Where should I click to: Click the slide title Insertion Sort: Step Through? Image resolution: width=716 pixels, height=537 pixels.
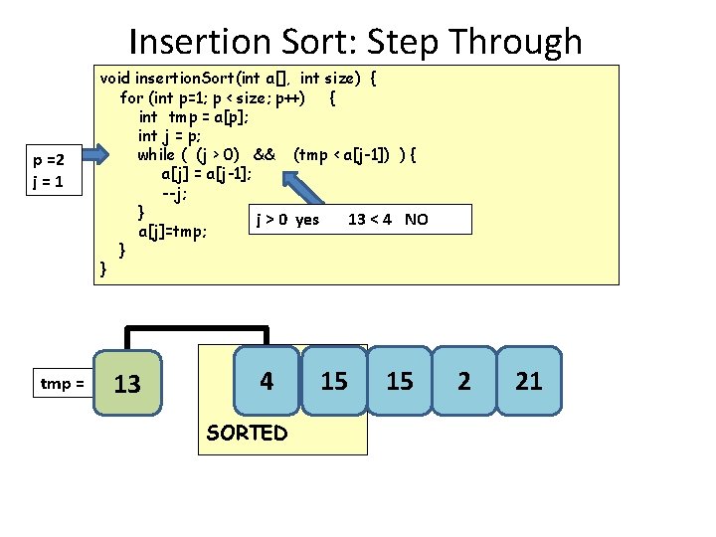[x=356, y=42]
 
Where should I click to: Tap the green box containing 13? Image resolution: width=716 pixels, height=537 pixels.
[x=127, y=383]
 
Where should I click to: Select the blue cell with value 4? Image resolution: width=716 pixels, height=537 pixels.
[x=266, y=381]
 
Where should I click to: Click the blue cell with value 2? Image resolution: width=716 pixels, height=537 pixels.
[x=464, y=381]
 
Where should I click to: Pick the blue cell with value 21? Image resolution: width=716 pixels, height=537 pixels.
[x=529, y=381]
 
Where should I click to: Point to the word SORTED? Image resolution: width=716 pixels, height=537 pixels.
[x=246, y=433]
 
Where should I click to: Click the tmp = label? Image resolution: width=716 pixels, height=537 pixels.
[x=62, y=383]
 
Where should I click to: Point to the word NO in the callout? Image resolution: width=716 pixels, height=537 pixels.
[x=417, y=219]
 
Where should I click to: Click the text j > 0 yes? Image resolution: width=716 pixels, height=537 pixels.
[x=288, y=219]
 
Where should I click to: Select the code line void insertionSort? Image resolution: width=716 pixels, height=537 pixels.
[x=238, y=78]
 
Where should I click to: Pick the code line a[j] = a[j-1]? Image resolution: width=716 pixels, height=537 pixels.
[x=206, y=173]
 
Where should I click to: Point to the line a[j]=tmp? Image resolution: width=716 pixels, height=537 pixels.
[x=173, y=232]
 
